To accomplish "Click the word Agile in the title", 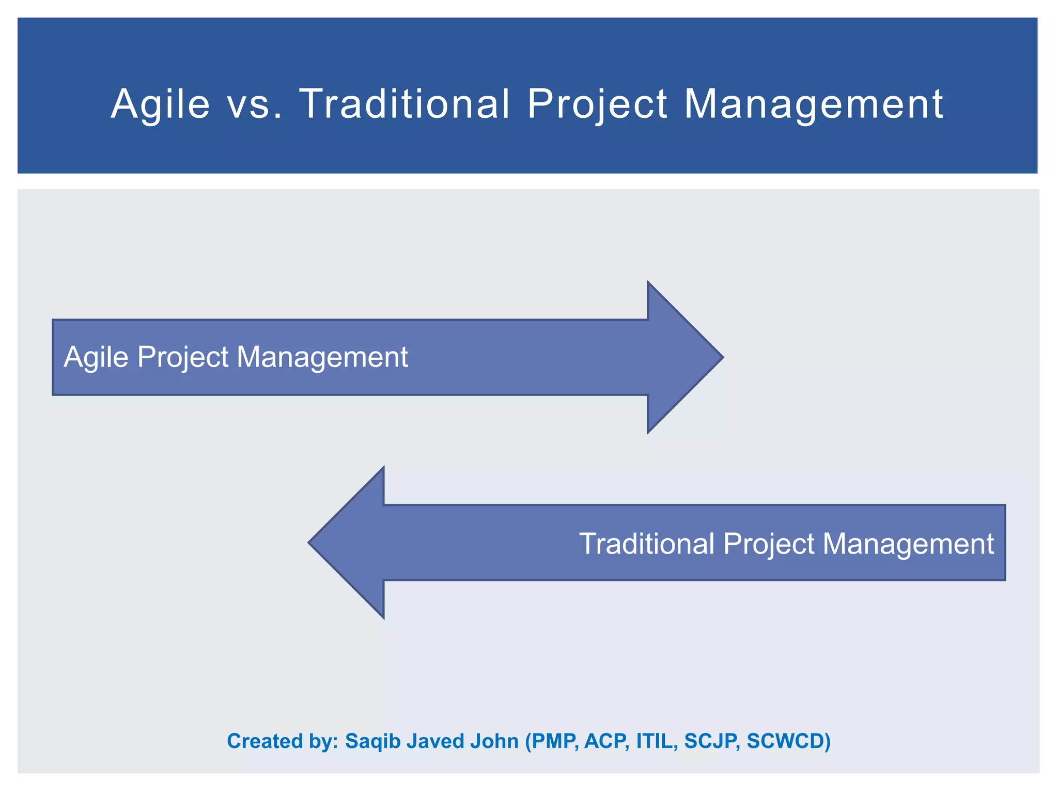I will [x=160, y=105].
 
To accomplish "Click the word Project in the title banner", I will [x=597, y=105].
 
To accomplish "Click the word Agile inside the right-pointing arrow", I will [x=96, y=358].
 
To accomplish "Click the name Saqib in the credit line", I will [x=372, y=741].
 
